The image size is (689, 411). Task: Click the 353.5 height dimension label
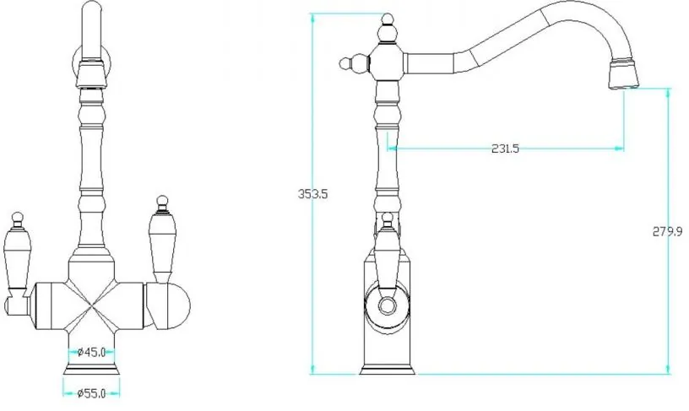point(313,193)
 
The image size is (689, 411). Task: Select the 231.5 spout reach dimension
point(505,149)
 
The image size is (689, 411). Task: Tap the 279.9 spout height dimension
point(667,231)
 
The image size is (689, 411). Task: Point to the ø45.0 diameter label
point(91,352)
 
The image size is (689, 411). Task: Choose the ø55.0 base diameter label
point(91,393)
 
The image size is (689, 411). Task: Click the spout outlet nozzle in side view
point(622,74)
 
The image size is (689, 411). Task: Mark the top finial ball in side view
point(387,19)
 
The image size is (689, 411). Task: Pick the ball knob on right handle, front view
point(163,201)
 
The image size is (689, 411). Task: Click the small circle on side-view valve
point(387,306)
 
